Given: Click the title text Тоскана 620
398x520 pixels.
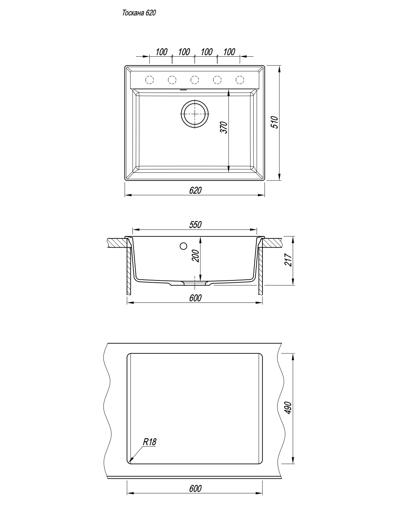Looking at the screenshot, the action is pos(139,13).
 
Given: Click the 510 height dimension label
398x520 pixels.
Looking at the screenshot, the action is pos(275,122).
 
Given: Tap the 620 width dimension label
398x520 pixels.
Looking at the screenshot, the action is pos(195,190).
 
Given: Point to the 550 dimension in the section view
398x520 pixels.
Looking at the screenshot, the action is pos(195,225).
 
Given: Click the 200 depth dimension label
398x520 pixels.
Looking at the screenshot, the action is pos(196,256).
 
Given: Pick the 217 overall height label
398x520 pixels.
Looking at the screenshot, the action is pos(288,260).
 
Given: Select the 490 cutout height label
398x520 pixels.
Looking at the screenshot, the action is pos(288,408).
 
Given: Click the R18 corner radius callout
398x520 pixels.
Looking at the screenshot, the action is pos(149,442).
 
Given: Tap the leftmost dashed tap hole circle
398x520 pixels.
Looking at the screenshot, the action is pos(149,80).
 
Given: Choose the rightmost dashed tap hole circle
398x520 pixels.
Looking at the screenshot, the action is pos(240,80).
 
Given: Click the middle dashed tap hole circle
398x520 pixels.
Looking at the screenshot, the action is pos(195,80).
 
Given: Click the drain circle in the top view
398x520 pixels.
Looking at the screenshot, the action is pos(195,114).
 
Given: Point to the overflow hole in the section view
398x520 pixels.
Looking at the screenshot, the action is pos(183,246).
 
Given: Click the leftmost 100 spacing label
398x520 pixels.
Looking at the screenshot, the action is pos(161,52).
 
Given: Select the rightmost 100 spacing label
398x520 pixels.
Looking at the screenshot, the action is pos(229,52).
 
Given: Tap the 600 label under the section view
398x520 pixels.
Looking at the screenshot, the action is pos(195,298).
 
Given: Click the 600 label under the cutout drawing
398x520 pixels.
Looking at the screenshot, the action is pos(195,489).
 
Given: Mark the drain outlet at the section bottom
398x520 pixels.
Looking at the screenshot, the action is pos(195,283).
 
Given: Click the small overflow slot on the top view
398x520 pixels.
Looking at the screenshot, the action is pos(183,90).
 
